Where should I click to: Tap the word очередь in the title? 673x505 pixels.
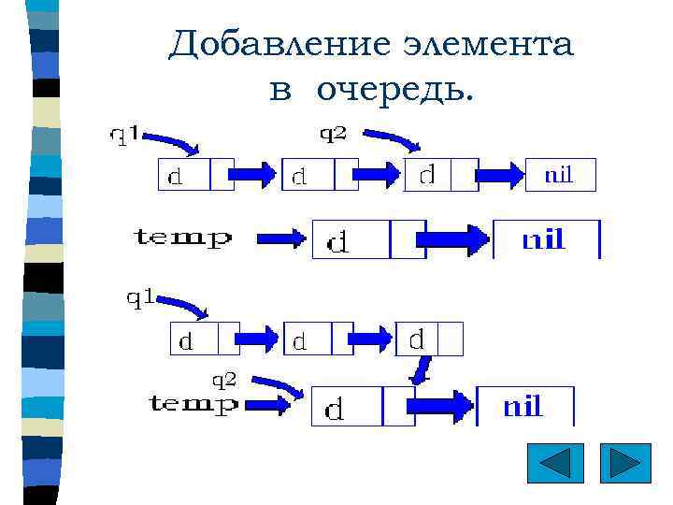coord(394,90)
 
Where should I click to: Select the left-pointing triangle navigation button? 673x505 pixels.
coord(554,464)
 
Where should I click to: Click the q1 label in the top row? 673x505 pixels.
coord(125,137)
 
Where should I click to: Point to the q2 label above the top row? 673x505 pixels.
coord(334,134)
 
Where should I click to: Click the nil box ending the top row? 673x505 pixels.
coord(559,174)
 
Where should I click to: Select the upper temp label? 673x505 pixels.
coord(183,238)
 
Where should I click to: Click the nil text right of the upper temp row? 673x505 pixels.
coord(543,239)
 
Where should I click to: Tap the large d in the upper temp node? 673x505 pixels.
coord(338,242)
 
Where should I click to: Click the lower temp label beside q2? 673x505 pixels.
coord(193,404)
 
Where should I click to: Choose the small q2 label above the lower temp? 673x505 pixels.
coord(223,379)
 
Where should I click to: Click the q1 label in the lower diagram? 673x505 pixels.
coord(141,298)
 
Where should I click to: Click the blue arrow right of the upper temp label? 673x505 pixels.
coord(281,239)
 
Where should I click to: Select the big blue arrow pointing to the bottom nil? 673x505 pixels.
coord(439,405)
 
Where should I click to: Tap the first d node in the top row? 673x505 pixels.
coord(194,175)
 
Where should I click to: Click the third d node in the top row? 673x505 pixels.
coord(440,175)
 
